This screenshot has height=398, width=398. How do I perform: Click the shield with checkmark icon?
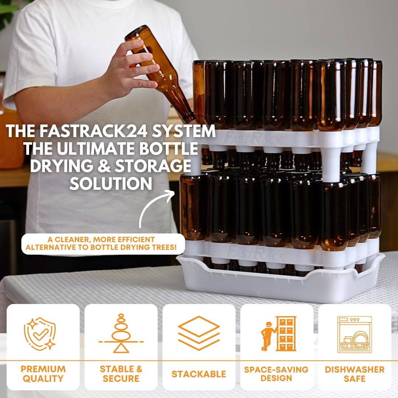(x=39, y=334)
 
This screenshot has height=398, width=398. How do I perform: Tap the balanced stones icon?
(x=121, y=334)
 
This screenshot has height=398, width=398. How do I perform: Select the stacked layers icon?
(x=199, y=333)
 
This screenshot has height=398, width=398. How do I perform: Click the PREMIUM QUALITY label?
(x=43, y=374)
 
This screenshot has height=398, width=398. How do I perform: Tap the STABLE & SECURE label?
(x=121, y=374)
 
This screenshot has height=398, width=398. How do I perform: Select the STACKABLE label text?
(x=199, y=374)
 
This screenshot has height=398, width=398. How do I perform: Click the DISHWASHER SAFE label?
(x=355, y=374)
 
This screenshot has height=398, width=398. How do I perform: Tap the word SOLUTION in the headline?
(x=111, y=183)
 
